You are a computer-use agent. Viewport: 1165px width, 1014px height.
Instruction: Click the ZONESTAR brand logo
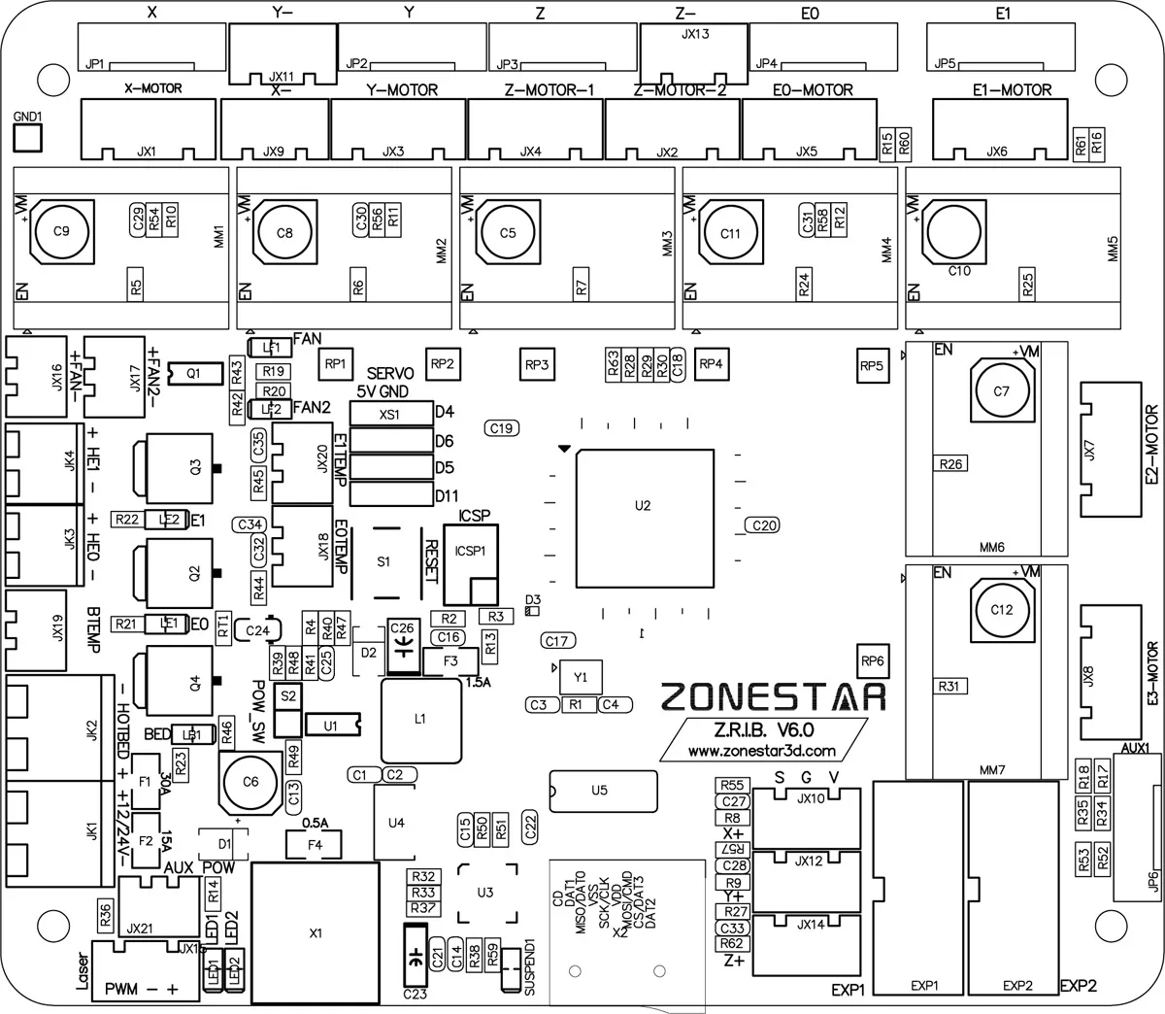pos(774,695)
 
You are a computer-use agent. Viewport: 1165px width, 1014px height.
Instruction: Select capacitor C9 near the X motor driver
pos(61,231)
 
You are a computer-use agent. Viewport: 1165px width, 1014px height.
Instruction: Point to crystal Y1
pos(581,676)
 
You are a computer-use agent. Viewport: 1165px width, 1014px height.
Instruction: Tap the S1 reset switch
pos(383,561)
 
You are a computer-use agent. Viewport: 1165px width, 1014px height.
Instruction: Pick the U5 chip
pos(599,791)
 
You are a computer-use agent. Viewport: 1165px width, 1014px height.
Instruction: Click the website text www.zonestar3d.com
pos(761,751)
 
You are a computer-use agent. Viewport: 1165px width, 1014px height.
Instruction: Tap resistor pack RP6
pos(873,661)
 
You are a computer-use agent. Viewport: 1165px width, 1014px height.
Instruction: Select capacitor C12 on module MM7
pos(1001,609)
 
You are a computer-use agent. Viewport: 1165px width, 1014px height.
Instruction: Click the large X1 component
pos(315,933)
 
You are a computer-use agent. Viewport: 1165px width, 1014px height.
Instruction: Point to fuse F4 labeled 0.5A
pos(315,844)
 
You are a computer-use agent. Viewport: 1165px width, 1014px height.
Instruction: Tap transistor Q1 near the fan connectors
pos(194,373)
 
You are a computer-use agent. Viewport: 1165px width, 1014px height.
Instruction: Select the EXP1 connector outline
pos(915,888)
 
